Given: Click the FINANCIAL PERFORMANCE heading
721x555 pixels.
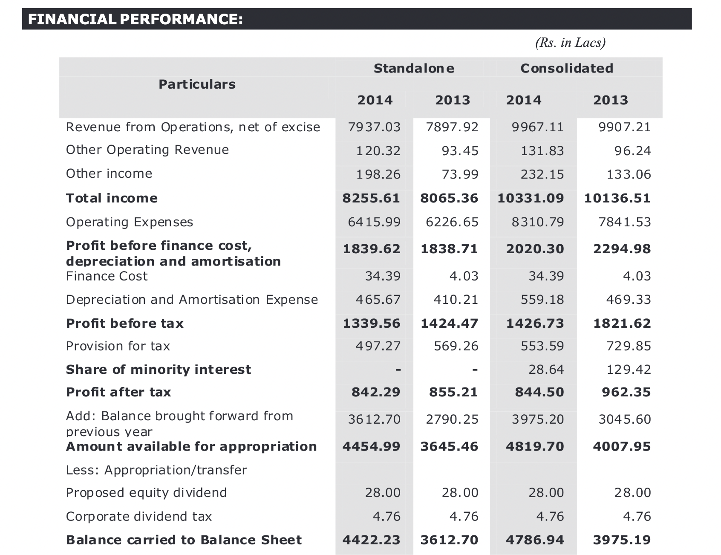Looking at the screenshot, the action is (x=136, y=19).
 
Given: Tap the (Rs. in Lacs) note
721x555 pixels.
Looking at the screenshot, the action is (x=570, y=43).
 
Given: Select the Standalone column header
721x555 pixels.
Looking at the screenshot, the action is (x=414, y=68).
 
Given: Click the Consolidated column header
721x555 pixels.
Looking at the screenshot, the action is (x=567, y=68).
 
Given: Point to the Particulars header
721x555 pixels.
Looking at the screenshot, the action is (x=197, y=84).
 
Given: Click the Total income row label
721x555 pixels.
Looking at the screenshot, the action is (x=112, y=198).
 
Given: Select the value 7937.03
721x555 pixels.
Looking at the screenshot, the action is (x=374, y=127).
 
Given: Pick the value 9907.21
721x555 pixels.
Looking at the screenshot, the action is (x=625, y=127).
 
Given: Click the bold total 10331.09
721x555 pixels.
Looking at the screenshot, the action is (x=531, y=198).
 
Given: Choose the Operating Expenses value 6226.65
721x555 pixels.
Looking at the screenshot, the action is (x=452, y=222).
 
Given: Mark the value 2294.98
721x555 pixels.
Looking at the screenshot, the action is (x=622, y=249).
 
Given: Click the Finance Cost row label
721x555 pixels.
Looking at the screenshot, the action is (x=107, y=276).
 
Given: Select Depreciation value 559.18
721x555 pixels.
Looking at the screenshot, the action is (x=542, y=300).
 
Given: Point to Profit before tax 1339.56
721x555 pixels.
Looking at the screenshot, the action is (x=372, y=324).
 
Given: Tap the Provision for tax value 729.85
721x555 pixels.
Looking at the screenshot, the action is (x=629, y=346).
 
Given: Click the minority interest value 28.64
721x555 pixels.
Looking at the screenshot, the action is (x=546, y=369).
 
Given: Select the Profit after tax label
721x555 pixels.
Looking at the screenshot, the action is (x=118, y=392).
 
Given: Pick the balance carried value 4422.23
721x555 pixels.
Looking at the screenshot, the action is (x=372, y=540).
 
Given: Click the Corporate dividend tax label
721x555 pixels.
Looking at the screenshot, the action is (x=139, y=517).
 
